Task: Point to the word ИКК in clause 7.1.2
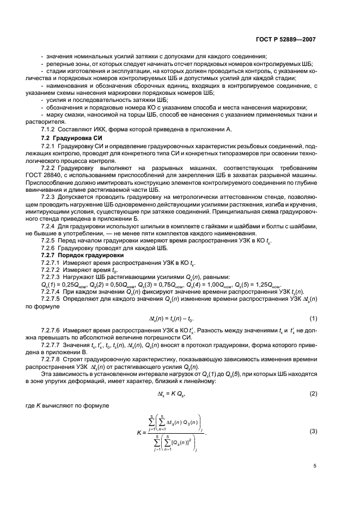(102, 129)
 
